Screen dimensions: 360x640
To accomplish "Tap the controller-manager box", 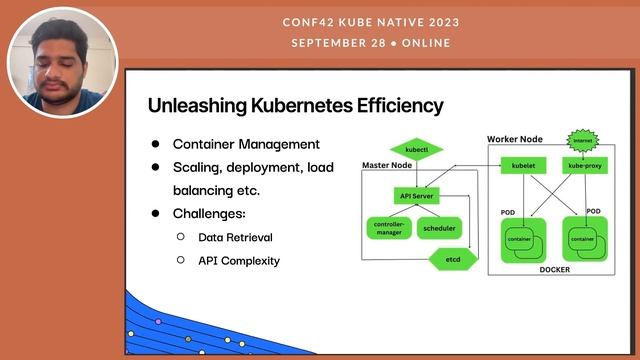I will pyautogui.click(x=388, y=228).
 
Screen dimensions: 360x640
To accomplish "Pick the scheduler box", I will pyautogui.click(x=439, y=228).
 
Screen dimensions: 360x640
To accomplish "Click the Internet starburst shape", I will pyautogui.click(x=582, y=141).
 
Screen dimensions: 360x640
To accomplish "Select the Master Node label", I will pyautogui.click(x=385, y=165).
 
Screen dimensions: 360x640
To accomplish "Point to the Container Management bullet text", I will pyautogui.click(x=246, y=144).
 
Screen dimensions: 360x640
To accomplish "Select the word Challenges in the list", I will pyautogui.click(x=209, y=214).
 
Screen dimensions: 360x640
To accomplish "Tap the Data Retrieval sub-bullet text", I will pyautogui.click(x=235, y=238).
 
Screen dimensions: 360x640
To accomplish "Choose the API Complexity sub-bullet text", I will pyautogui.click(x=239, y=261).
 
